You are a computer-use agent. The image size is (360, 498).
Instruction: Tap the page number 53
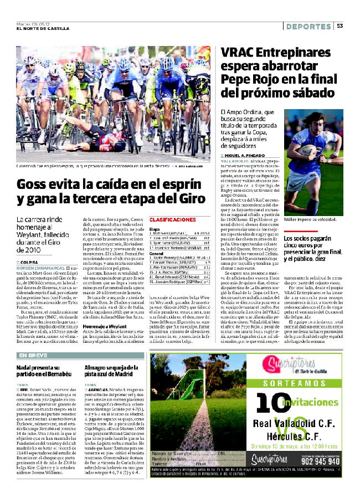pos(339,26)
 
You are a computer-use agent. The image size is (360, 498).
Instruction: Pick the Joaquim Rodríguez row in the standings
pos(173,281)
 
